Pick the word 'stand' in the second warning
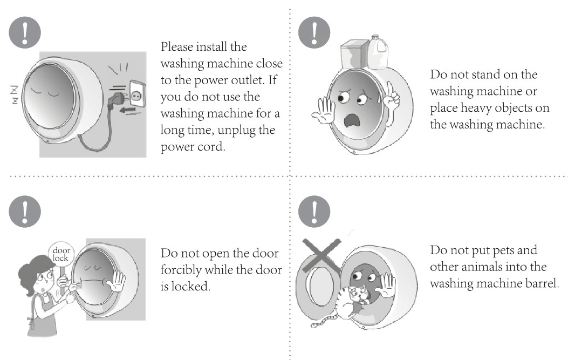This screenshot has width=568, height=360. [486, 74]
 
